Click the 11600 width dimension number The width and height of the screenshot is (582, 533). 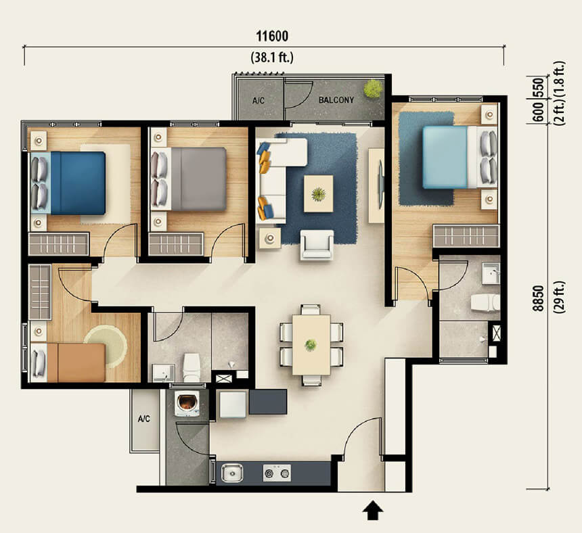(x=272, y=36)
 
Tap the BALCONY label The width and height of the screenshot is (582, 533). (x=336, y=100)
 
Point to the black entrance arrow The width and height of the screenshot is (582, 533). (x=373, y=511)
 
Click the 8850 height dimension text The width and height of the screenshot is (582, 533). (x=537, y=298)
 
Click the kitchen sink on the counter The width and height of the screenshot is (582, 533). (x=232, y=473)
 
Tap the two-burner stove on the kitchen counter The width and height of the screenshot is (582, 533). (x=277, y=473)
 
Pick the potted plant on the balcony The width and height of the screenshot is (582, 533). (x=373, y=89)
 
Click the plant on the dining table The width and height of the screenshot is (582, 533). (x=311, y=345)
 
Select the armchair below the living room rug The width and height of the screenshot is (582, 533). (x=317, y=244)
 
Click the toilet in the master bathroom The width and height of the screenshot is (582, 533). (x=485, y=302)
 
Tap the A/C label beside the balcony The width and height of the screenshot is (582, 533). (x=259, y=101)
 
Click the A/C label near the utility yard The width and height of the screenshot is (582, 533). (x=144, y=419)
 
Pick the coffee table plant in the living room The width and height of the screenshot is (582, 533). (x=318, y=193)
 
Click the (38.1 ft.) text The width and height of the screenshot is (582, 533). (x=272, y=57)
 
